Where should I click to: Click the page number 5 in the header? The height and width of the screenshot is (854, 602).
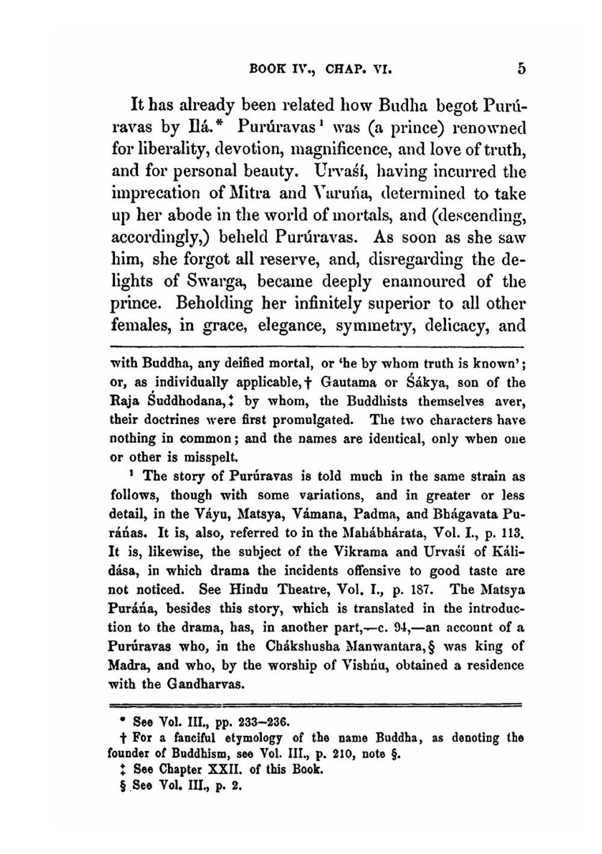click(521, 69)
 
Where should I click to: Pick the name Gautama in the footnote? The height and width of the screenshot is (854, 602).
click(349, 382)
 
